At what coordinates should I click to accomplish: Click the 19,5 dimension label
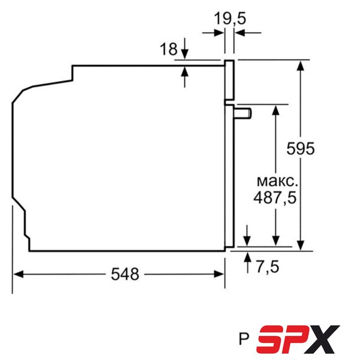point(230,19)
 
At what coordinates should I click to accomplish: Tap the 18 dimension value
point(169,49)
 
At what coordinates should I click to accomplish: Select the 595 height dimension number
point(300,148)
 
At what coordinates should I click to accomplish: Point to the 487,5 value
point(275,198)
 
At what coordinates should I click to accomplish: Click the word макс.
point(277,182)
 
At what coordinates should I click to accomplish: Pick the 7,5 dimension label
point(268,267)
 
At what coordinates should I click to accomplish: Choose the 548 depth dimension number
point(125,274)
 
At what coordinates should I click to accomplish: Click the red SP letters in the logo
point(280,339)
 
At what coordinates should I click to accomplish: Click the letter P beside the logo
point(244,339)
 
